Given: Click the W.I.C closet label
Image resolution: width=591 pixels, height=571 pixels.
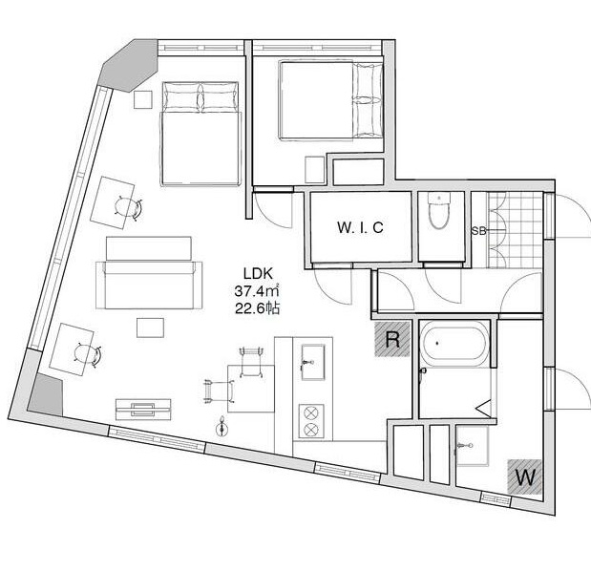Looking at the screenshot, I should [358, 228].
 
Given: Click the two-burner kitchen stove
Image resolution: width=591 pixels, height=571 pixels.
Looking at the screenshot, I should [311, 421].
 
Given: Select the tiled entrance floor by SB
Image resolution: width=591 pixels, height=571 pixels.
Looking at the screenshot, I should [508, 229].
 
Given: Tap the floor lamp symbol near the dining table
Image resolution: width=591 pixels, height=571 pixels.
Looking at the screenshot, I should [223, 426].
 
